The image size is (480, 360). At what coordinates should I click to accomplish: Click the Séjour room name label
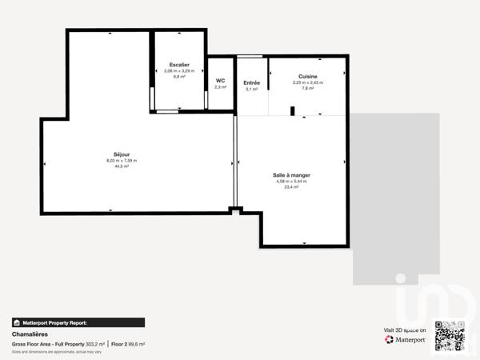[122, 154]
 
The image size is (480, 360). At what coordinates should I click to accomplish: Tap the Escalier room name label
[179, 65]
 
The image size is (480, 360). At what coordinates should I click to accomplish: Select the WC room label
[220, 80]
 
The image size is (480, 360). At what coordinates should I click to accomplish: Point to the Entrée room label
[251, 82]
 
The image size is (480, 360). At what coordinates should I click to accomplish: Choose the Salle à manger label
[291, 175]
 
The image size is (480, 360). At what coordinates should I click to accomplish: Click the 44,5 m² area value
[122, 166]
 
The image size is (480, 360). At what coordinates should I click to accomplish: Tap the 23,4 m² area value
[291, 187]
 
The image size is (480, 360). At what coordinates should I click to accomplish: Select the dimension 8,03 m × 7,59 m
[122, 161]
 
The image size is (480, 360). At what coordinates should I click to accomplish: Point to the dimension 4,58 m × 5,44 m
[291, 182]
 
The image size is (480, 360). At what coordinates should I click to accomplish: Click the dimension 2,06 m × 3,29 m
[179, 71]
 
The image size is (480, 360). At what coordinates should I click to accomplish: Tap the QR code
[449, 335]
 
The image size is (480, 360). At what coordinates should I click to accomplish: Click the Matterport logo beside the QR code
[405, 339]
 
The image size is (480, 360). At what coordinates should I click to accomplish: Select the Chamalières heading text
[31, 334]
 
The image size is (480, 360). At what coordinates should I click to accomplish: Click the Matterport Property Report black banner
[78, 322]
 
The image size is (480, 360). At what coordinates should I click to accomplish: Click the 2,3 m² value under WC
[220, 86]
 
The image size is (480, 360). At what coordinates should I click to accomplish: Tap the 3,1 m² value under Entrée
[251, 89]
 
